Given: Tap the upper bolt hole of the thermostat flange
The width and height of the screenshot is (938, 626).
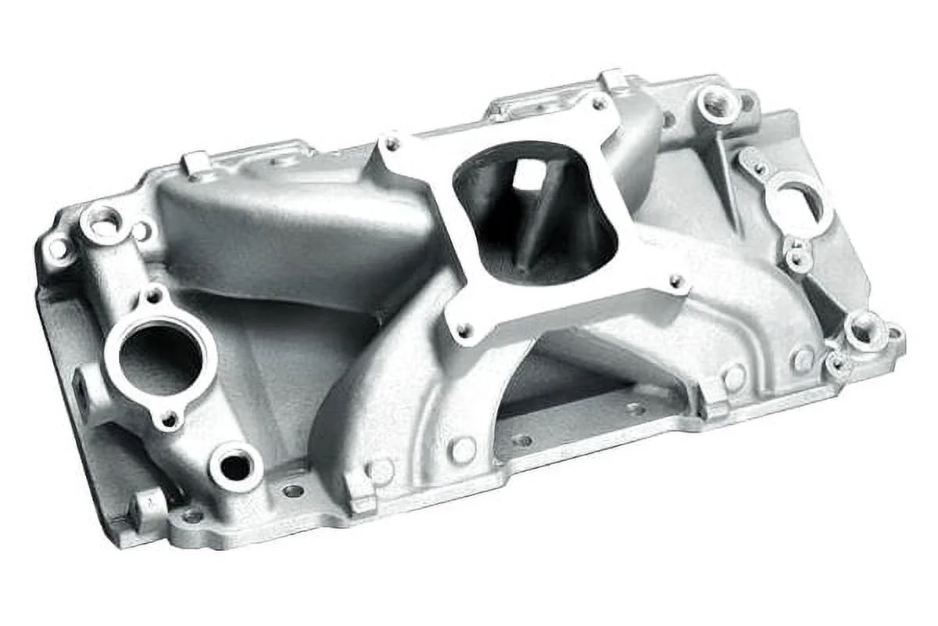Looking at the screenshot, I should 154,297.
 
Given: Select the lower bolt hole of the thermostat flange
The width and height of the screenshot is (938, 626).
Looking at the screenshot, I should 167,420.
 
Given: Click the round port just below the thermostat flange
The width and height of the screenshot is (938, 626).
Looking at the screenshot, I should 234,466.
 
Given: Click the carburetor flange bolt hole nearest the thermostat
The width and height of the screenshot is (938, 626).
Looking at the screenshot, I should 391,144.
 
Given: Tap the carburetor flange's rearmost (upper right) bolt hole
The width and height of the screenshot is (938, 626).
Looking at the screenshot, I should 599,103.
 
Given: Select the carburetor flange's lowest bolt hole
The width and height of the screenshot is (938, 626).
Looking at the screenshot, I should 464,331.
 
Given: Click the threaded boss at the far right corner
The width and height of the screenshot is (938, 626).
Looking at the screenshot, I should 865,332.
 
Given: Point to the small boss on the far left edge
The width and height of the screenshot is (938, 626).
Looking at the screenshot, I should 59,250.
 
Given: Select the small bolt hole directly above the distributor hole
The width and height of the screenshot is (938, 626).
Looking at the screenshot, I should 757,167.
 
